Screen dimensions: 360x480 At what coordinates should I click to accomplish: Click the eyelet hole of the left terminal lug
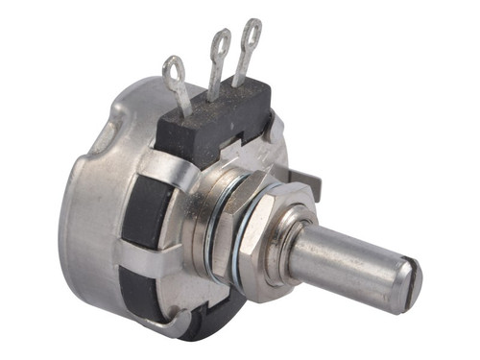tap(174, 68)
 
